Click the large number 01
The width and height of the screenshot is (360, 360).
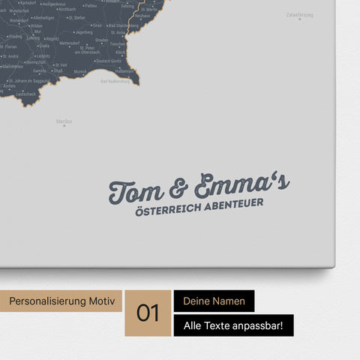click(x=148, y=313)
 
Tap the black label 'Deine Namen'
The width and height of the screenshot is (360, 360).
click(x=214, y=301)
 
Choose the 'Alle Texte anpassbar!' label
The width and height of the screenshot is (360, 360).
click(x=233, y=325)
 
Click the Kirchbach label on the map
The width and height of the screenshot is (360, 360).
click(x=67, y=9)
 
